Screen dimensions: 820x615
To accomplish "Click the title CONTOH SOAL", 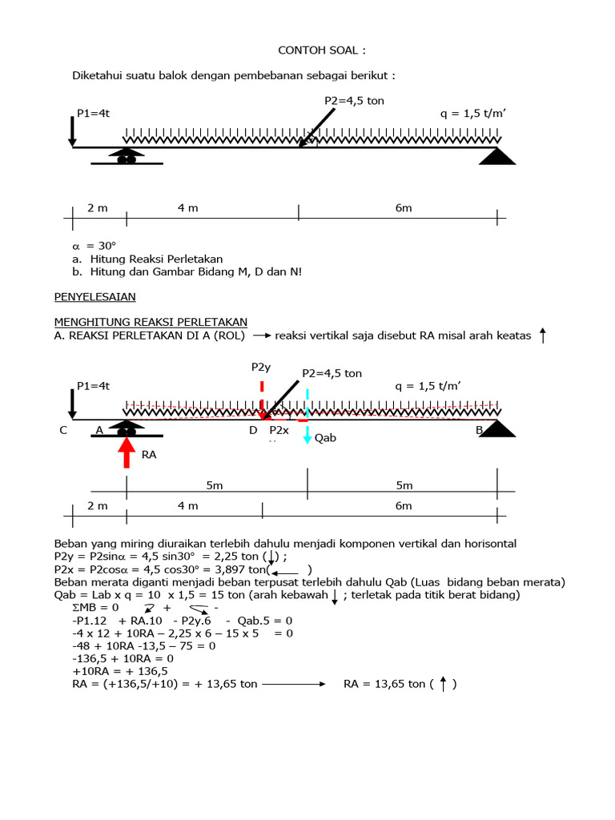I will [x=321, y=50].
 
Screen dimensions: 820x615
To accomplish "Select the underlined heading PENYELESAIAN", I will [x=94, y=296].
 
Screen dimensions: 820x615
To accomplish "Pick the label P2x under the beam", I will [x=279, y=430].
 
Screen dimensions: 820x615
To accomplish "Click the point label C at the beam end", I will [x=62, y=430].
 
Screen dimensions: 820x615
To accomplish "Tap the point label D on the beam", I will [x=253, y=430].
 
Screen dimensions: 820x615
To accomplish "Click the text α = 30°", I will [x=90, y=246].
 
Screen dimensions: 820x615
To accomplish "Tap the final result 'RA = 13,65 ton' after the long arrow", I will [x=389, y=684].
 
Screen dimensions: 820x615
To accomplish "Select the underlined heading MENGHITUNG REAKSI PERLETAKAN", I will [x=151, y=322].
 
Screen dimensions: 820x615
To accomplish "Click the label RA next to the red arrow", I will [x=149, y=454].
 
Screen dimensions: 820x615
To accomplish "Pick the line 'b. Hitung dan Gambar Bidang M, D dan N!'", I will [x=187, y=271].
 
